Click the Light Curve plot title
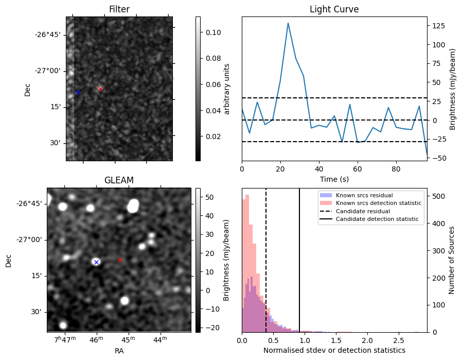pos(334,9)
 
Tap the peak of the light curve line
pos(288,23)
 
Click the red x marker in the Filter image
pos(100,89)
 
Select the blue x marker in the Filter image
pos(78,93)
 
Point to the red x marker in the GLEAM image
pos(119,260)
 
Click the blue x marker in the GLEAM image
pos(96,262)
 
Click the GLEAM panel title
pos(119,180)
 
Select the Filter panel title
pos(119,9)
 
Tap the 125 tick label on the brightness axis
pos(437,25)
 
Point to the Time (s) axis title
pos(334,178)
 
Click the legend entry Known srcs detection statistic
pos(378,203)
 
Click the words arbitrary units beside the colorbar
pos(227,89)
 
